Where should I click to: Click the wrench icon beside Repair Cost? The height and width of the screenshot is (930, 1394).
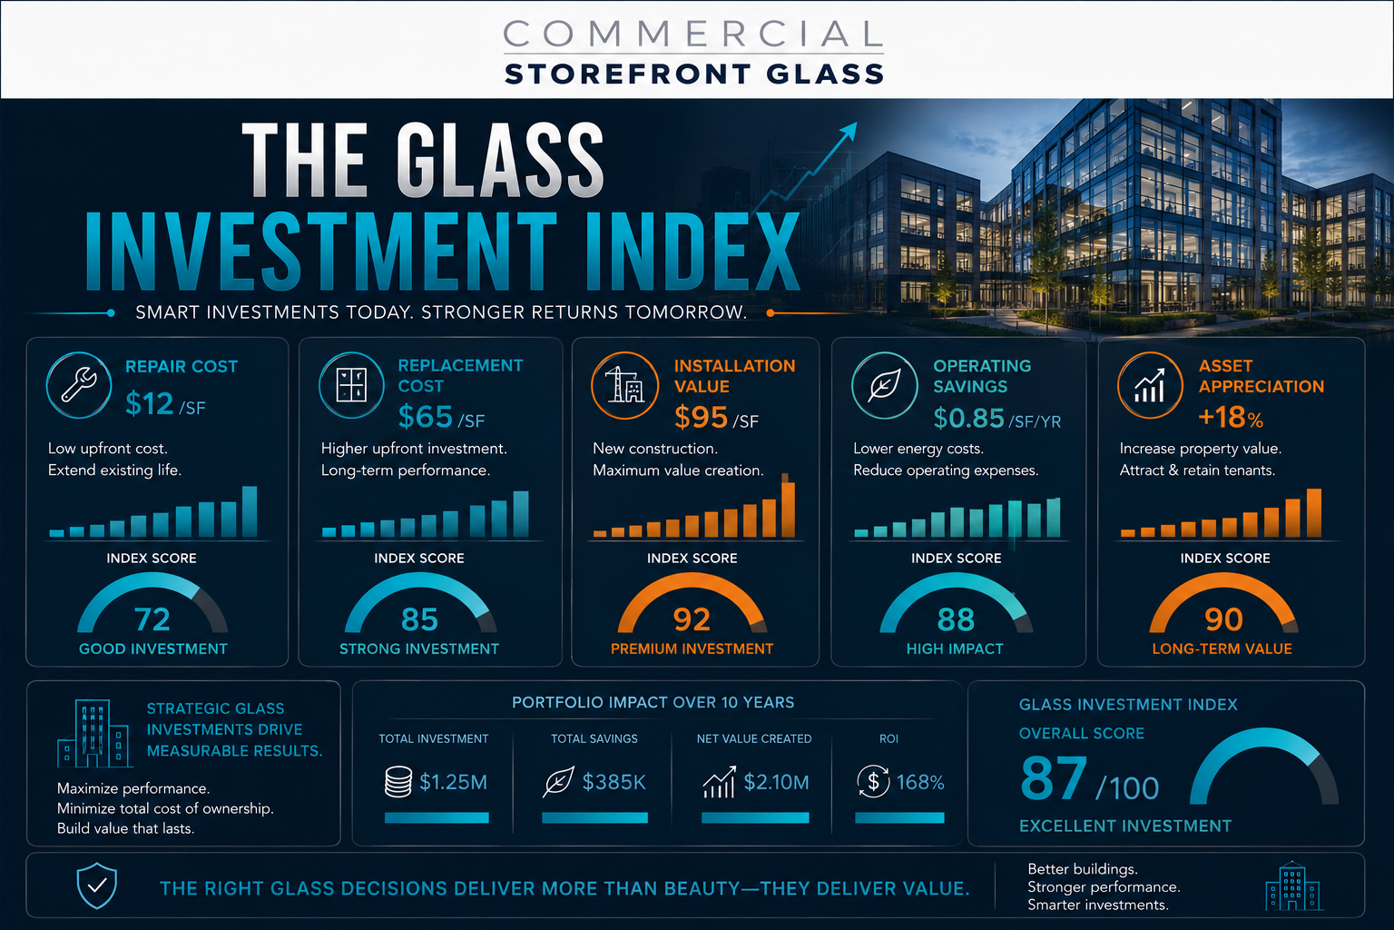(79, 384)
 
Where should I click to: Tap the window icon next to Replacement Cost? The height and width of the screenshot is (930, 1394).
(351, 384)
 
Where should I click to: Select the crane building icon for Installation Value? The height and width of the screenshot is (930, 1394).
(624, 385)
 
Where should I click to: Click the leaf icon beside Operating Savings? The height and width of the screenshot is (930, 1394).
(884, 385)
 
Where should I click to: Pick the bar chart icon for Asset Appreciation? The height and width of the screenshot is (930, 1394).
(1150, 385)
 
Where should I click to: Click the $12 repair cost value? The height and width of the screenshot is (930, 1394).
(150, 403)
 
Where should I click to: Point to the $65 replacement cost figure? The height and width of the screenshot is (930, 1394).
(425, 417)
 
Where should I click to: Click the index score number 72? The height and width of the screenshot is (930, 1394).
(152, 619)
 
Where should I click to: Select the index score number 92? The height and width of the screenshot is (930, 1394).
(692, 619)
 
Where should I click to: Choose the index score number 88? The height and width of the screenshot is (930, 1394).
(956, 619)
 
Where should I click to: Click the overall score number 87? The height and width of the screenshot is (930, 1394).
(1054, 777)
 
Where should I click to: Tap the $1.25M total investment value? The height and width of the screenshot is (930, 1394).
(453, 782)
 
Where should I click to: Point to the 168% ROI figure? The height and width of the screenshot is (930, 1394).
(920, 782)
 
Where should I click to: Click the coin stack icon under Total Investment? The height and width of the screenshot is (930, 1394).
(398, 782)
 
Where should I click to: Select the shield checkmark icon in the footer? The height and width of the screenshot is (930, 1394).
(96, 885)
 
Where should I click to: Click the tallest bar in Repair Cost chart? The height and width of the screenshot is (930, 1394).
(250, 510)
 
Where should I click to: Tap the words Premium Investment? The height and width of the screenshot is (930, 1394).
(692, 648)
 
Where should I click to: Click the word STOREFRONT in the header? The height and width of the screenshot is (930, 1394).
(628, 74)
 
